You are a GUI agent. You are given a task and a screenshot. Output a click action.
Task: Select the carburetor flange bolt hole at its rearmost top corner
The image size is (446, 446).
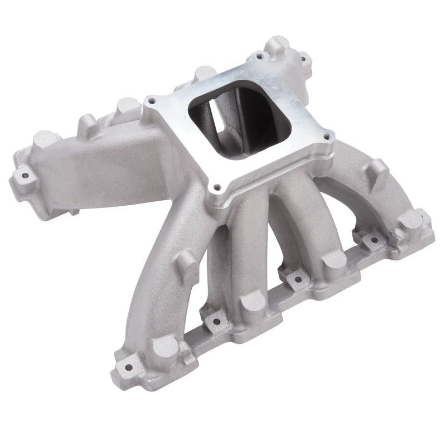pyautogui.click(x=259, y=56)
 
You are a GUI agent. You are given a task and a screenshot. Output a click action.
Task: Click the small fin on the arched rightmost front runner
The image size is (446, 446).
pyautogui.click(x=377, y=167)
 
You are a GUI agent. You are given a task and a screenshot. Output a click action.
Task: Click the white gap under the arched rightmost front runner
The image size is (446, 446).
pyautogui.click(x=357, y=209)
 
